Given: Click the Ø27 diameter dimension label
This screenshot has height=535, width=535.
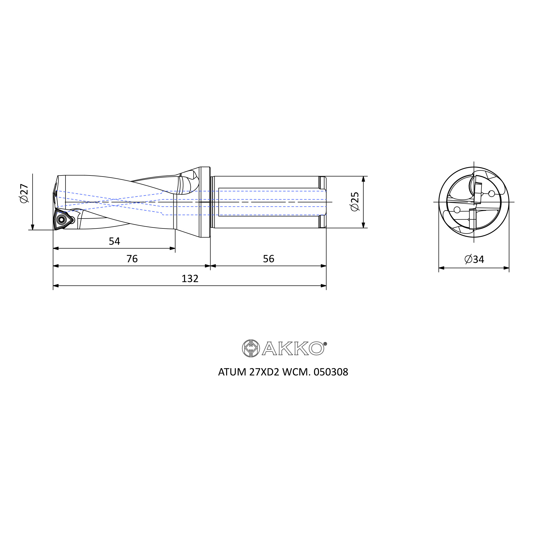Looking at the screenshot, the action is pyautogui.click(x=24, y=193).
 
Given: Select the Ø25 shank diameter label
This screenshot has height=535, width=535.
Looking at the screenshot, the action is pyautogui.click(x=355, y=202).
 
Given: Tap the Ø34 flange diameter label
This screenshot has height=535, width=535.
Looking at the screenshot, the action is pyautogui.click(x=474, y=259).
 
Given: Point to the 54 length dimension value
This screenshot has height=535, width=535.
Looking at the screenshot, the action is pyautogui.click(x=114, y=242).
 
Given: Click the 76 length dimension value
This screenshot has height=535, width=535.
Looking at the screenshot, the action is pyautogui.click(x=132, y=259).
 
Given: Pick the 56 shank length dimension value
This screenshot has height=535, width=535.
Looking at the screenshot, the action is pyautogui.click(x=268, y=259).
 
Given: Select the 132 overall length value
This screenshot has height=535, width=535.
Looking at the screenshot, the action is pyautogui.click(x=190, y=278).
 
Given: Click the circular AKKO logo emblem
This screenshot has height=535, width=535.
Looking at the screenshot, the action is pyautogui.click(x=251, y=348).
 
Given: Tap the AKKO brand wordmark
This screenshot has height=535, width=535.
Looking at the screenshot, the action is pyautogui.click(x=293, y=348).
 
